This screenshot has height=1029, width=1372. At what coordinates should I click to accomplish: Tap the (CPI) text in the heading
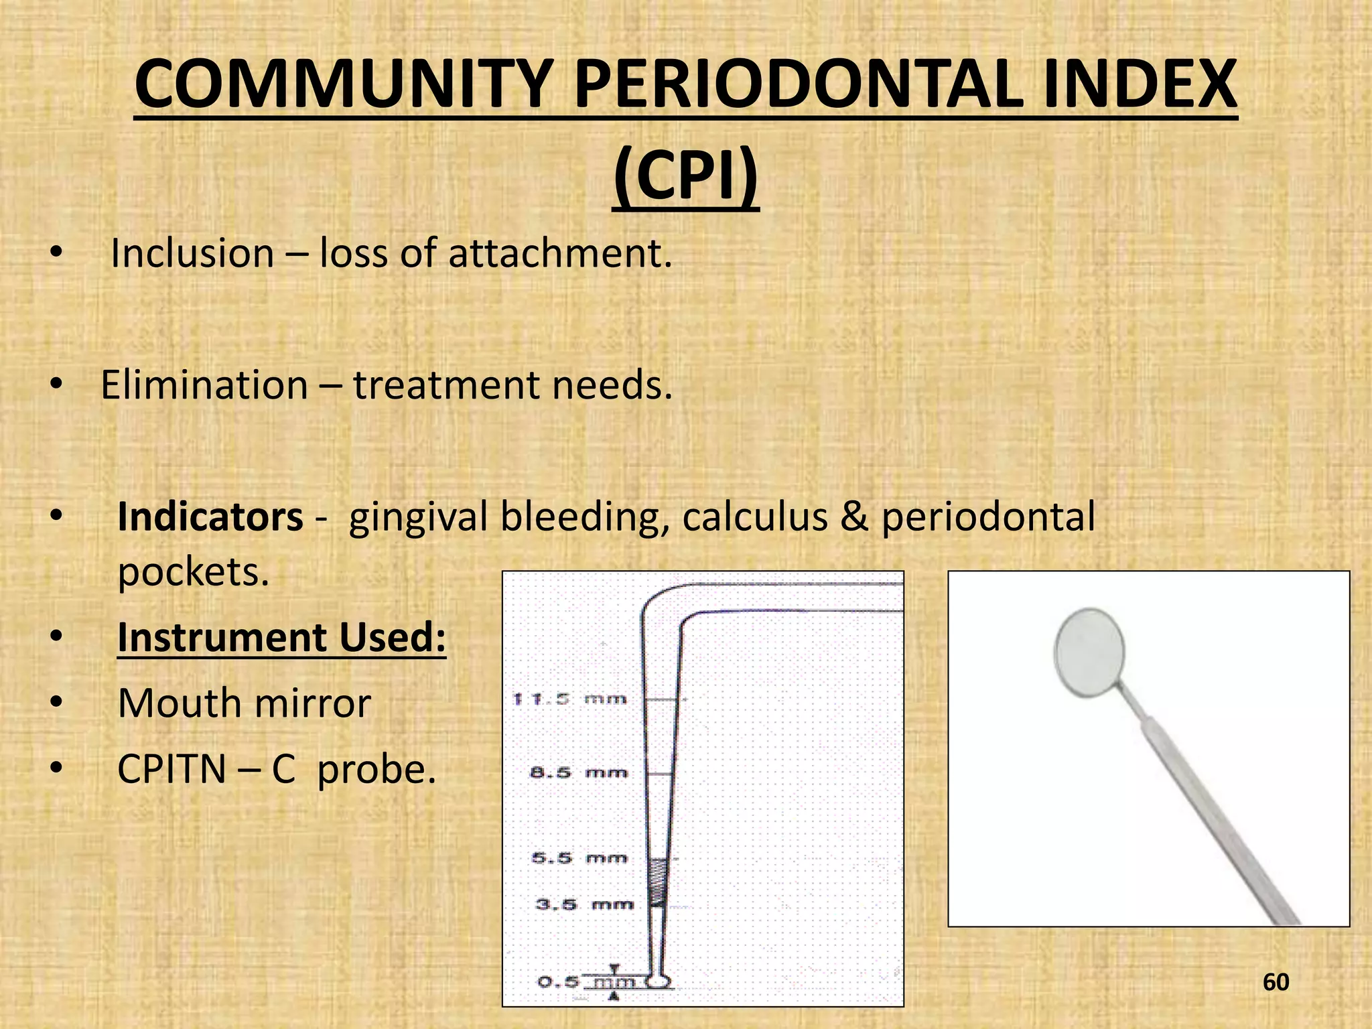[x=685, y=176]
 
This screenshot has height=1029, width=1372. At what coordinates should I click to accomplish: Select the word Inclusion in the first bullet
[x=192, y=254]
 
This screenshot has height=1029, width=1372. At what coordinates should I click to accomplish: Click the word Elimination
[x=204, y=385]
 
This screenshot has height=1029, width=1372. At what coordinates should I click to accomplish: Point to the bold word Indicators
[x=210, y=517]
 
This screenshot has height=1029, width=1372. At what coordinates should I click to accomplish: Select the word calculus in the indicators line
[x=755, y=517]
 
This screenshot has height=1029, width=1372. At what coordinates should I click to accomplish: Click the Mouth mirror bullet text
[x=244, y=703]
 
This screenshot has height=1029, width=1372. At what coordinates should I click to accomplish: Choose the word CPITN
[x=171, y=769]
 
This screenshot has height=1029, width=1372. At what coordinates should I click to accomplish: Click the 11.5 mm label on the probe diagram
[x=570, y=699]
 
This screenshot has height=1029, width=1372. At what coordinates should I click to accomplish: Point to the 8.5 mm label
[x=579, y=773]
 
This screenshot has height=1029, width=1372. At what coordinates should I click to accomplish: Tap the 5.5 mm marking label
[x=579, y=858]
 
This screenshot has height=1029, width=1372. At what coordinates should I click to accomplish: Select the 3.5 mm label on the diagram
[x=584, y=904]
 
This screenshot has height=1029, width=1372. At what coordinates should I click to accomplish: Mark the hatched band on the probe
[x=658, y=881]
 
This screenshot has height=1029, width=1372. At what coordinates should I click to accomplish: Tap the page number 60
[x=1276, y=982]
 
